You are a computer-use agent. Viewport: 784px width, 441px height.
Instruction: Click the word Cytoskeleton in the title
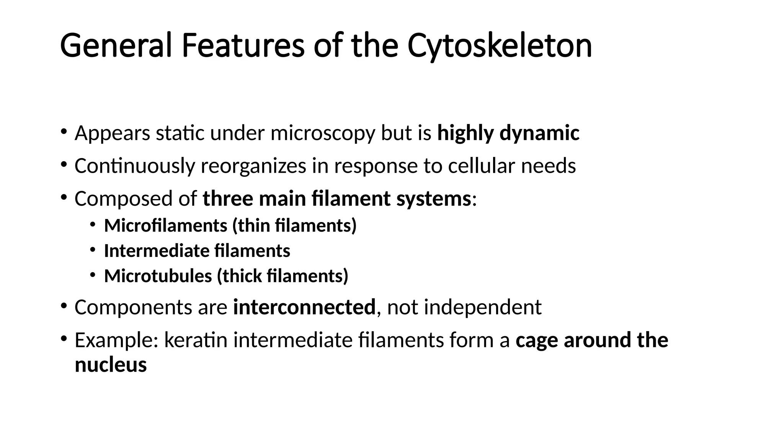coord(500,46)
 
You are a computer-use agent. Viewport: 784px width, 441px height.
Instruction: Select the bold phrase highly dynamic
coord(508,133)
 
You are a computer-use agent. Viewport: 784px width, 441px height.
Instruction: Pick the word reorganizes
coord(253,166)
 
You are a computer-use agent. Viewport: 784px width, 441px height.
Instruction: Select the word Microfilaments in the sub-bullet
coord(165,225)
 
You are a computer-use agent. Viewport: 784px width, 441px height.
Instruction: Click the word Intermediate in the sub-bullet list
coord(156,251)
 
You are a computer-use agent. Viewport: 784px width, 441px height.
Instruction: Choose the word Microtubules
coord(158,276)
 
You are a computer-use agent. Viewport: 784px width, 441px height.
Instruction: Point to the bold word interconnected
coord(304,307)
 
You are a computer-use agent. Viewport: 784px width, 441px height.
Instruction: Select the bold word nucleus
coord(111,364)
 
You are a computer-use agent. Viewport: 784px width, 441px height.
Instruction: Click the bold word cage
coord(537,341)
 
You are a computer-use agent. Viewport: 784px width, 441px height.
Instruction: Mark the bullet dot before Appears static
coord(64,132)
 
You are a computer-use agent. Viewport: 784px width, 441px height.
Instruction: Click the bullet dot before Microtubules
coord(93,275)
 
